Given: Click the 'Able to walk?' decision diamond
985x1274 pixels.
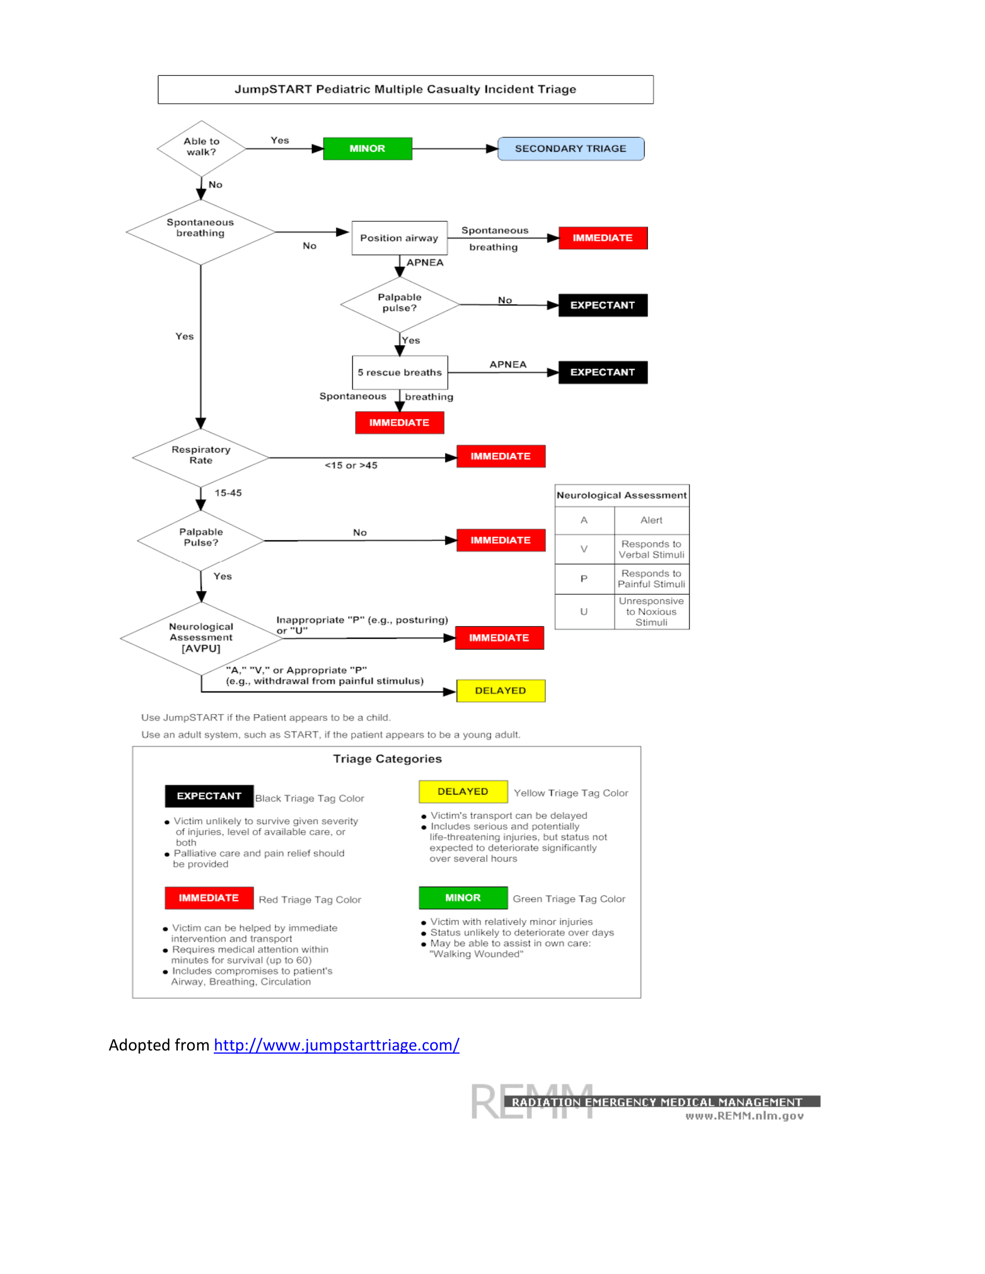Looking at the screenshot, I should click(x=201, y=148).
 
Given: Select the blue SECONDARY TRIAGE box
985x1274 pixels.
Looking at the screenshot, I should click(x=570, y=149).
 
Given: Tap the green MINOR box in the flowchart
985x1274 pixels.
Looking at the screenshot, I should click(x=367, y=149).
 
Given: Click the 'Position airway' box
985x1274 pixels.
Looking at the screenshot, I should click(x=399, y=238).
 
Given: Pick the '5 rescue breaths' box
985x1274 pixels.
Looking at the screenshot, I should click(x=400, y=373).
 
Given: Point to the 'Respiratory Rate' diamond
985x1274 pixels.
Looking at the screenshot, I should click(x=200, y=456).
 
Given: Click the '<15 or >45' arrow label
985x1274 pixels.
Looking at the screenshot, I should click(x=351, y=466).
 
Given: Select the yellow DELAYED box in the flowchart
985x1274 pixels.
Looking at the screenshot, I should click(x=500, y=691).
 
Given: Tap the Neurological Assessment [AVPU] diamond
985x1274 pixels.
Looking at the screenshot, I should click(x=201, y=638).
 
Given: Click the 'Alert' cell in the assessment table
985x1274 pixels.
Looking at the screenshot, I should click(x=651, y=521).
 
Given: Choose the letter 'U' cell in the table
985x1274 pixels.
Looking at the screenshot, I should click(x=583, y=612).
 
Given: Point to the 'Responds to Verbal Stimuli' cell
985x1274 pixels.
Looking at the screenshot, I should click(x=651, y=550).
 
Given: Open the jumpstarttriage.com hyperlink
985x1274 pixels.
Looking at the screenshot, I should click(x=336, y=1045).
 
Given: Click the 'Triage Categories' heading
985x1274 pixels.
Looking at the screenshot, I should click(x=388, y=759).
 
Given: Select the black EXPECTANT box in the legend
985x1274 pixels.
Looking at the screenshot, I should click(x=209, y=796).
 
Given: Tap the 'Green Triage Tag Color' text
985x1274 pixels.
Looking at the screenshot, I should click(x=569, y=899).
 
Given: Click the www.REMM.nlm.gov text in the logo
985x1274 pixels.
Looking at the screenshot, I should click(x=745, y=1116).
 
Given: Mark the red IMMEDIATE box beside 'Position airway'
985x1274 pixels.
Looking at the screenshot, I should click(x=602, y=238).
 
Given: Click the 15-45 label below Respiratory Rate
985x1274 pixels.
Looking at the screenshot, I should click(x=228, y=493).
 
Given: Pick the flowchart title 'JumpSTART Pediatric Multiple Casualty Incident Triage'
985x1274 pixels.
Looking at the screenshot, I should click(x=406, y=89).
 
